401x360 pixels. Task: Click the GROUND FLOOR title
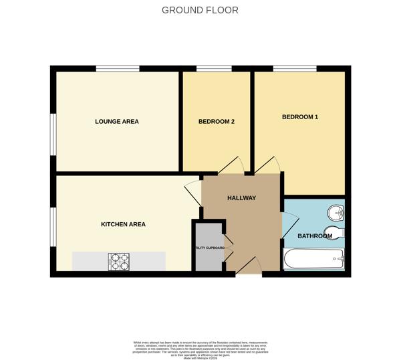click(x=200, y=10)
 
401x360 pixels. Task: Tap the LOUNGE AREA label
click(x=117, y=122)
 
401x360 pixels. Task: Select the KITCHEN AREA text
click(x=123, y=224)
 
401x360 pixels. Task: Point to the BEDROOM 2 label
click(x=216, y=122)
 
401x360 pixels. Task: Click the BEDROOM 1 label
click(x=299, y=117)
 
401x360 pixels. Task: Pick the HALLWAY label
click(x=241, y=198)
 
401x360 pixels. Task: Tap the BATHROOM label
click(x=314, y=236)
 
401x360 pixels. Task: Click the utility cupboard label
click(x=209, y=248)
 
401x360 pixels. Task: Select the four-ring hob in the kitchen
click(x=119, y=262)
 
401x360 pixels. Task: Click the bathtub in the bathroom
click(x=314, y=259)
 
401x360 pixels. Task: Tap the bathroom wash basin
click(x=336, y=213)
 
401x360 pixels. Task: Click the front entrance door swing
click(x=249, y=266)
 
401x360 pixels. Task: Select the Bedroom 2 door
click(x=231, y=166)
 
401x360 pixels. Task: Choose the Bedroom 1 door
click(x=267, y=166)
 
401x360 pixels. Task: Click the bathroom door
click(x=289, y=225)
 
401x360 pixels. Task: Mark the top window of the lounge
click(x=118, y=68)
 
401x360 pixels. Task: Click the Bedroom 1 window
click(x=295, y=68)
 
